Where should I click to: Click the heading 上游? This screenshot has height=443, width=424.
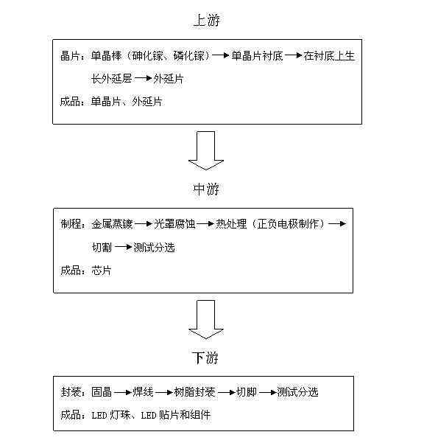tap(207, 21)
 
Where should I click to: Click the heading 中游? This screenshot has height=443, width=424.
tap(206, 189)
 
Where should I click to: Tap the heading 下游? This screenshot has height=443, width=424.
tap(206, 357)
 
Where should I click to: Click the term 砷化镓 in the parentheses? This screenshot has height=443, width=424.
tap(147, 56)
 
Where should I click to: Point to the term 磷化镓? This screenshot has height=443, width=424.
tap(188, 56)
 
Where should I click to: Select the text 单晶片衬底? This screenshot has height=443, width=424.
tap(257, 56)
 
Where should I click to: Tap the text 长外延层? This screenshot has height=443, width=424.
tap(111, 79)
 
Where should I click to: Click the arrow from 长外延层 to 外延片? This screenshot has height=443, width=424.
tap(143, 79)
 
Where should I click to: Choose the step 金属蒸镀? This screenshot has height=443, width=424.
tap(112, 224)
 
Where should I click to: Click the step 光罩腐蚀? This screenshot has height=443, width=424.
tap(174, 224)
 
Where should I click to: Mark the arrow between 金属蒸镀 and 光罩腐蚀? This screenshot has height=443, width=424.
tap(144, 224)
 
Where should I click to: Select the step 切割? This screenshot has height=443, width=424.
tap(102, 247)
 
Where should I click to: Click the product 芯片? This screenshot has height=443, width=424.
tap(102, 271)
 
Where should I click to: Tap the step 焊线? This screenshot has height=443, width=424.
tap(143, 392)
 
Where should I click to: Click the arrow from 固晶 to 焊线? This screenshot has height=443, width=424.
tap(123, 392)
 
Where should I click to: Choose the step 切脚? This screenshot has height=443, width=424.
tap(247, 392)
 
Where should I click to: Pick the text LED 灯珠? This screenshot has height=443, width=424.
tap(111, 415)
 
